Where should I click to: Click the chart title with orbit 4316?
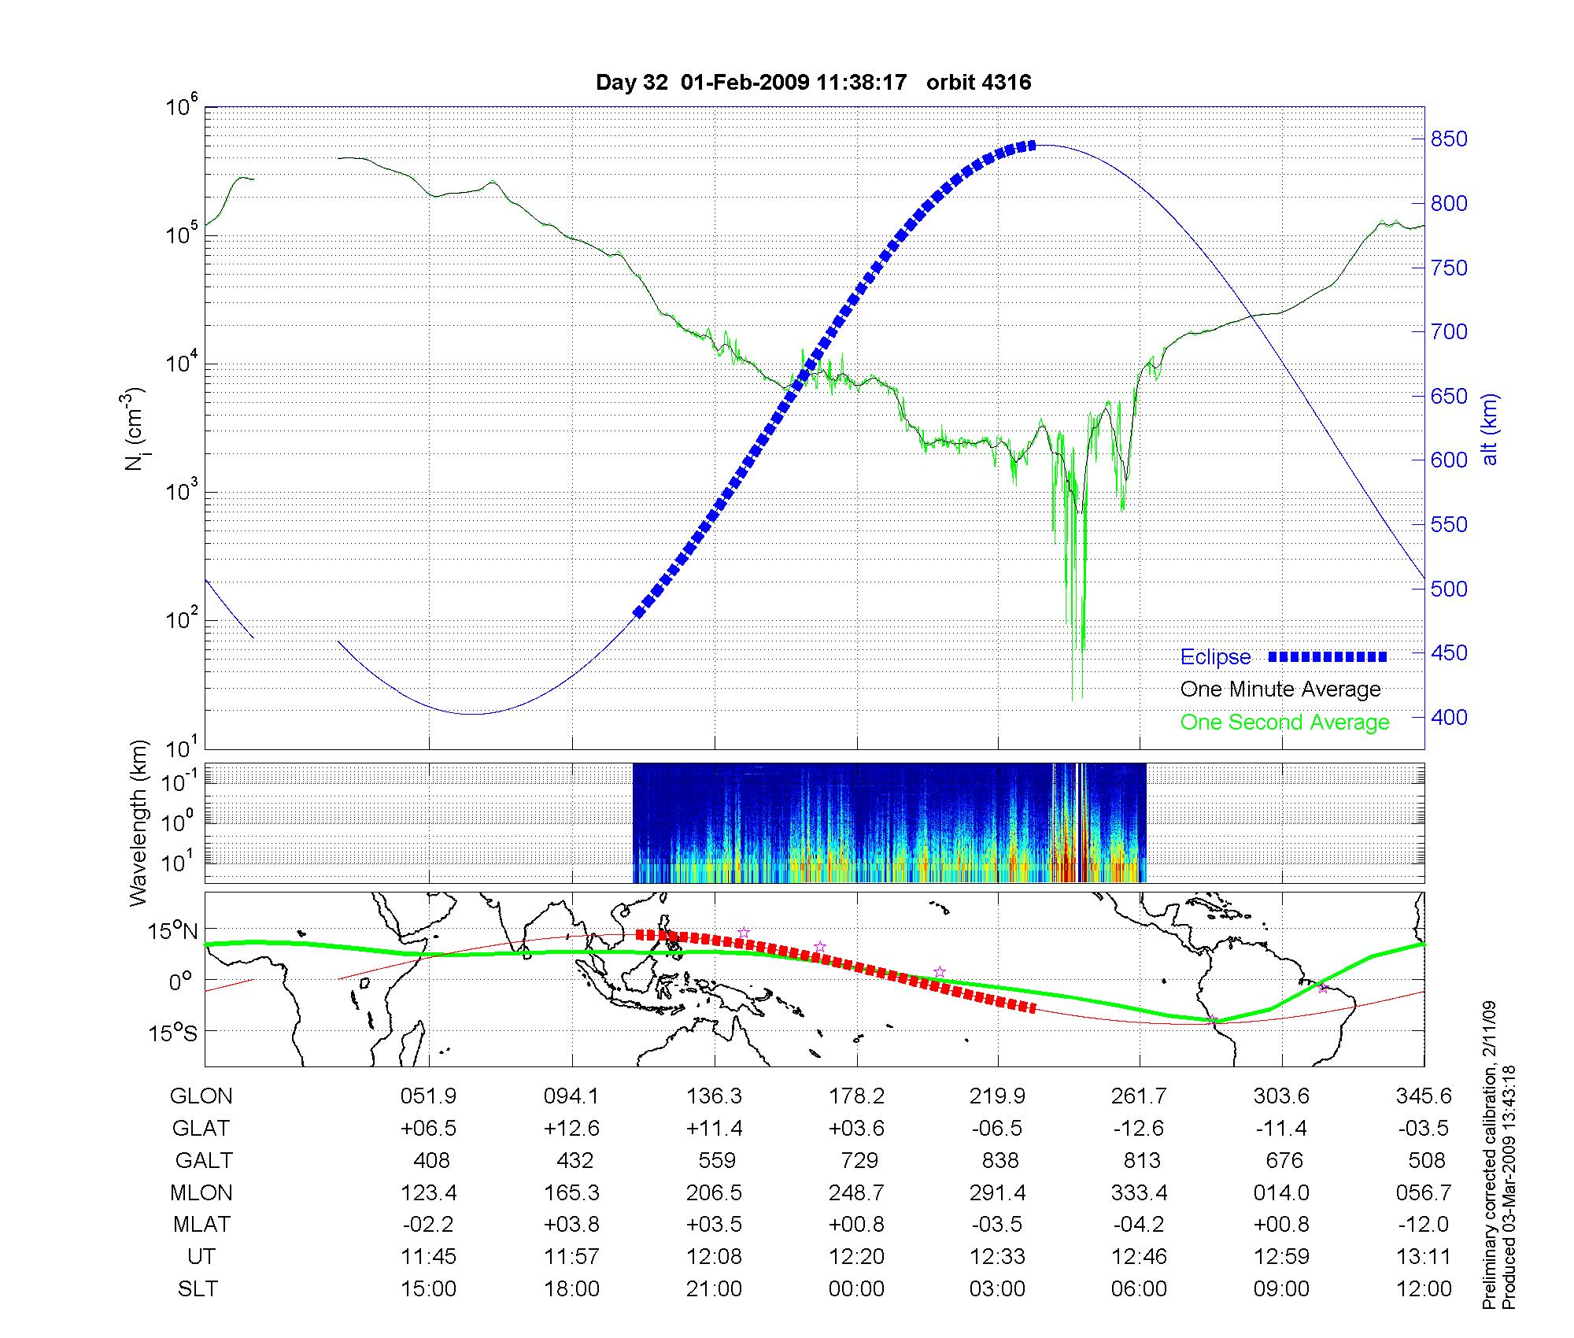[x=813, y=83]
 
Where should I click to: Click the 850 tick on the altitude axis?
[x=1450, y=139]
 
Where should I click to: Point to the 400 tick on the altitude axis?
[x=1450, y=717]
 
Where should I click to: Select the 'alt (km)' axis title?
[x=1490, y=430]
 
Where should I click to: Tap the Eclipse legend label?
[x=1215, y=657]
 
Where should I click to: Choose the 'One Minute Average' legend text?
[x=1280, y=689]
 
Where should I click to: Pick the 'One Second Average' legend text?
[x=1284, y=723]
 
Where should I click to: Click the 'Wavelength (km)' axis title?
[x=139, y=823]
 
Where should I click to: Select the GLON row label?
[x=201, y=1096]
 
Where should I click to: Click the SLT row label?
[x=198, y=1289]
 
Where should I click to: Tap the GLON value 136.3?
[x=715, y=1096]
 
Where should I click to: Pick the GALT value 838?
[x=1000, y=1161]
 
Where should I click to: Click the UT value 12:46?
[x=1140, y=1257]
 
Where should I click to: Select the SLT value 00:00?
[x=856, y=1289]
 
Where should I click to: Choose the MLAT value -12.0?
[x=1424, y=1225]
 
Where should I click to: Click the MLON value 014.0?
[x=1282, y=1193]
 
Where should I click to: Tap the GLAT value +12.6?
[x=571, y=1129]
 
